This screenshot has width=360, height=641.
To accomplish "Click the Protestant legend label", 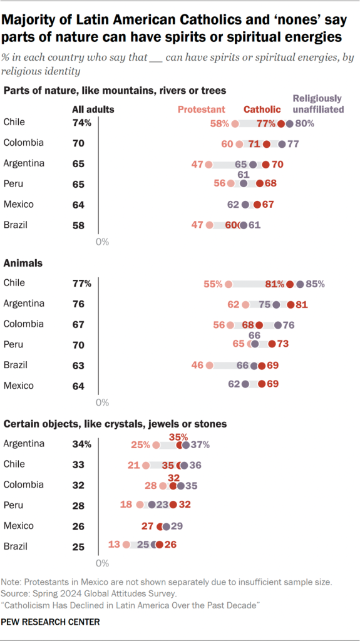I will [x=201, y=109].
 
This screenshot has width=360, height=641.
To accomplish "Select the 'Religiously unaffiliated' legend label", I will [x=318, y=104].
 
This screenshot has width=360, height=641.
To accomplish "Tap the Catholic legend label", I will [x=262, y=109].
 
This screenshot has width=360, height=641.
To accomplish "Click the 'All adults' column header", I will [x=91, y=110].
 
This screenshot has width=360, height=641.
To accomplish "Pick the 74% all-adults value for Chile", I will [x=81, y=123].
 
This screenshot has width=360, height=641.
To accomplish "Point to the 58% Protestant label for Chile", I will [x=220, y=123].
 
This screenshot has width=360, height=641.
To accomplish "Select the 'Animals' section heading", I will [x=23, y=263].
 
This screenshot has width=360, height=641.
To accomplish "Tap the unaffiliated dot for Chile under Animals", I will [x=301, y=284].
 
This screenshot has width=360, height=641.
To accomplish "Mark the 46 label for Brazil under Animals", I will [x=197, y=366].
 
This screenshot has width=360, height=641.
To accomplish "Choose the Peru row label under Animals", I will [x=14, y=344].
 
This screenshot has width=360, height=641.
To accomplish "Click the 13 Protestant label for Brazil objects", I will [x=115, y=545].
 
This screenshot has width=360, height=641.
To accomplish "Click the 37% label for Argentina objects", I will [x=199, y=445].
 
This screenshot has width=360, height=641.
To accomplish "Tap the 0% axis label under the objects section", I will [x=102, y=563].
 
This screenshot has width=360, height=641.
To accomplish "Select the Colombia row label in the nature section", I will [x=24, y=142].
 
